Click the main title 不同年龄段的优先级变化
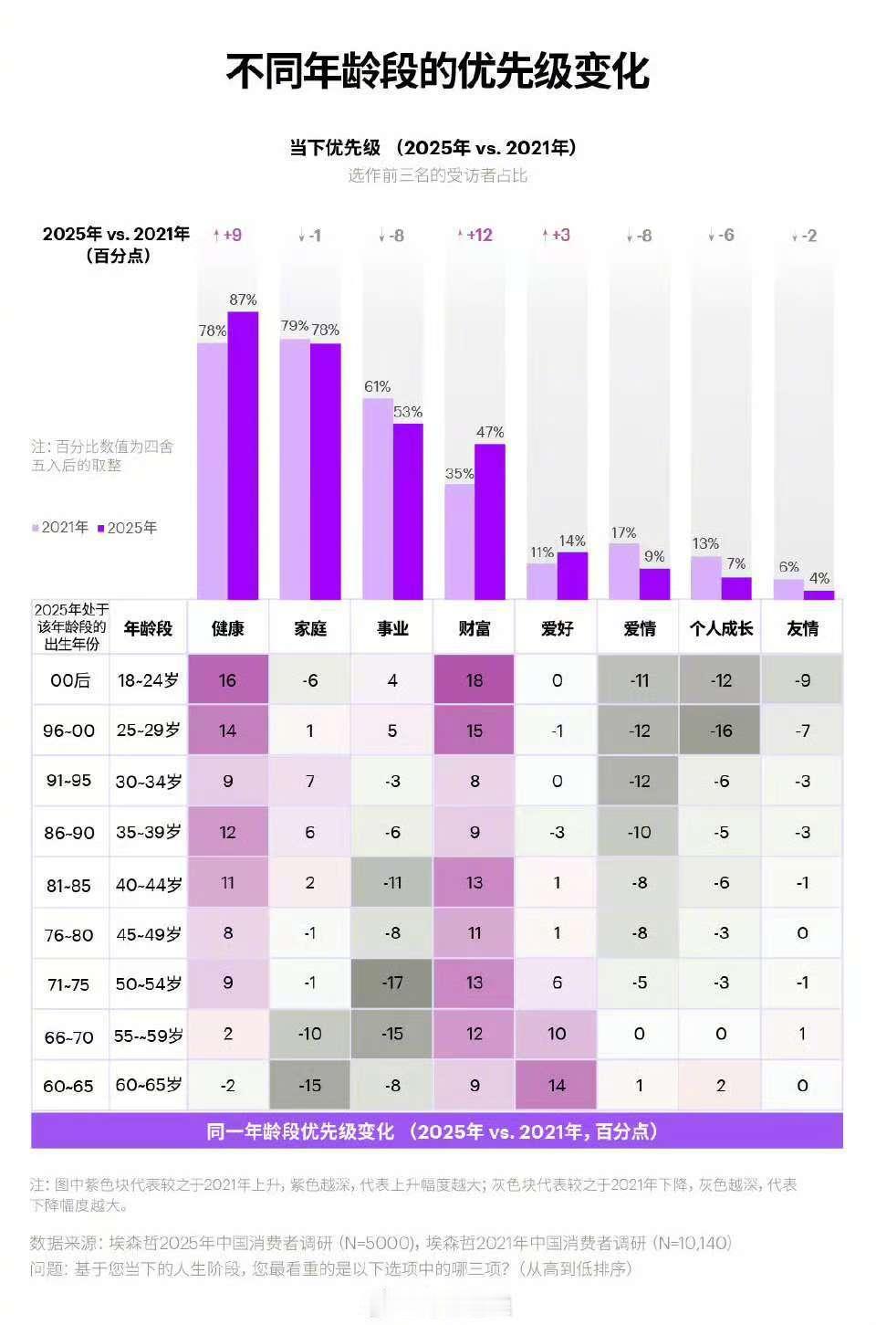click(x=437, y=72)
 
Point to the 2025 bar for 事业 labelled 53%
click(x=408, y=511)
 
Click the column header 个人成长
click(x=721, y=628)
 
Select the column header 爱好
click(x=557, y=628)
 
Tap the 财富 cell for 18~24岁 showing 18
click(x=474, y=680)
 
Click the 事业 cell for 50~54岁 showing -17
click(x=392, y=983)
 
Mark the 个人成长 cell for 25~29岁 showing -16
click(x=721, y=731)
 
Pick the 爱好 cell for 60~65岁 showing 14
click(x=557, y=1085)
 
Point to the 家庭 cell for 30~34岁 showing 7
click(x=310, y=782)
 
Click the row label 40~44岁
click(x=149, y=884)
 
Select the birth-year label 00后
click(x=70, y=680)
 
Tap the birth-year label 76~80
click(x=70, y=934)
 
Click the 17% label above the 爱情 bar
click(x=623, y=533)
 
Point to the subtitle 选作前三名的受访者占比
click(x=437, y=175)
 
